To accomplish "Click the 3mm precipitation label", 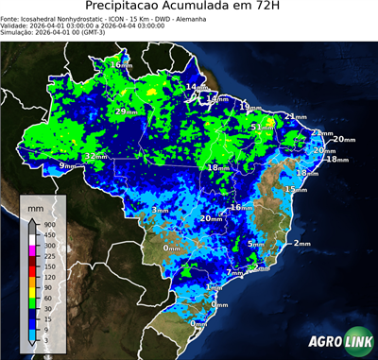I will click(160, 209).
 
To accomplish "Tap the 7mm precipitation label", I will click(235, 272).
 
